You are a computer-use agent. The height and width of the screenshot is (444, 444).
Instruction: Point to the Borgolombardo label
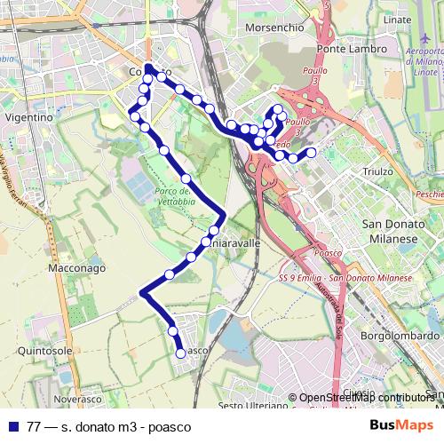coord(400,337)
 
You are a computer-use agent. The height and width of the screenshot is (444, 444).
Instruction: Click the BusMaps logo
coord(402,425)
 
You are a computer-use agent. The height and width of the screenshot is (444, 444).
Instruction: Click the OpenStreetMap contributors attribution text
coord(364,398)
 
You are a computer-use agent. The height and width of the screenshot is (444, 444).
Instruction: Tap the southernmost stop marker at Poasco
coord(181,353)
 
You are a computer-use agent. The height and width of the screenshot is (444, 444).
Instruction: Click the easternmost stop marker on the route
coord(311,153)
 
